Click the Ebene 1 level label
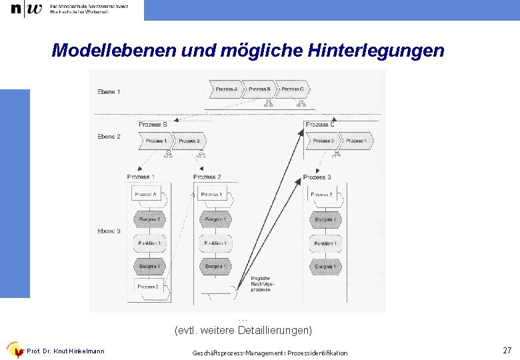click(x=109, y=91)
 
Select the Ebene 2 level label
click(x=109, y=137)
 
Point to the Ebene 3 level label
click(x=109, y=231)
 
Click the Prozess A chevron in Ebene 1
click(x=226, y=89)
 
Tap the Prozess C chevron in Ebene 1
click(x=293, y=89)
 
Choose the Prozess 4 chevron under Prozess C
click(x=355, y=141)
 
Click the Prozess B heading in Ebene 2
click(x=153, y=124)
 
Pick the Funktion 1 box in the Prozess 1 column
click(x=149, y=243)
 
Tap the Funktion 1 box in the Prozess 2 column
click(x=215, y=243)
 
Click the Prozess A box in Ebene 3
click(x=147, y=195)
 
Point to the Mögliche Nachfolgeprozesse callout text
click(x=262, y=284)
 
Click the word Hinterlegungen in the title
click(x=377, y=50)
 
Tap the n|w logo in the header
click(x=26, y=9)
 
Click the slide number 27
click(x=507, y=350)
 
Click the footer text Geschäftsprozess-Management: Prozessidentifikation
click(x=269, y=353)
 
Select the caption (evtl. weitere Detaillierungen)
click(x=243, y=330)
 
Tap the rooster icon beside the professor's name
click(x=14, y=351)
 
